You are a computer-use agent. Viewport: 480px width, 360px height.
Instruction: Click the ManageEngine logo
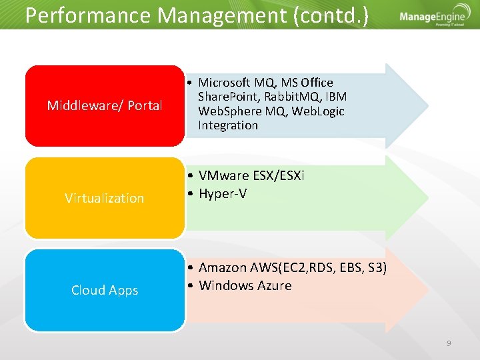(432, 19)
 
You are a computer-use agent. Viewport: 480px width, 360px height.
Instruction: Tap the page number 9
(449, 343)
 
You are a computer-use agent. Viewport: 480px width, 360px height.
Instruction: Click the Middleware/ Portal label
(105, 105)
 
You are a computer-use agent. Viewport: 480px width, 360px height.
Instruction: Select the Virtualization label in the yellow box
(105, 198)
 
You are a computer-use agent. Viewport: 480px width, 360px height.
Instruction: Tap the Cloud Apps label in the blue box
(105, 290)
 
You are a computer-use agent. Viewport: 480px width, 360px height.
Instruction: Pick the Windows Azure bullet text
(245, 285)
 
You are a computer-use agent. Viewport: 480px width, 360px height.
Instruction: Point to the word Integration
(227, 125)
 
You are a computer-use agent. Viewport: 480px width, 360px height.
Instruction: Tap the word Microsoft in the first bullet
(224, 83)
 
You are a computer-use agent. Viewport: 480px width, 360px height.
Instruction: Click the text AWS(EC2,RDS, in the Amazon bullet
(287, 267)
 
